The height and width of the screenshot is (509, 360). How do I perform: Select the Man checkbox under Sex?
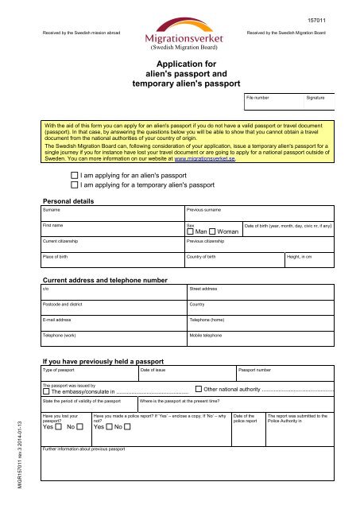[x=189, y=231]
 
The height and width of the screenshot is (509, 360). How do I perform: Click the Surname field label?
[x=52, y=209]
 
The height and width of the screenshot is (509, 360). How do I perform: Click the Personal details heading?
[x=72, y=200]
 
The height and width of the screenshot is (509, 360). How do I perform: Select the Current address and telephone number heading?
[x=104, y=281]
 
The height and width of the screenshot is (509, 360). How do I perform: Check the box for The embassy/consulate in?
[x=46, y=390]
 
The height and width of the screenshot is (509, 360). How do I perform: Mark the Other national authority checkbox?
[x=199, y=390]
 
